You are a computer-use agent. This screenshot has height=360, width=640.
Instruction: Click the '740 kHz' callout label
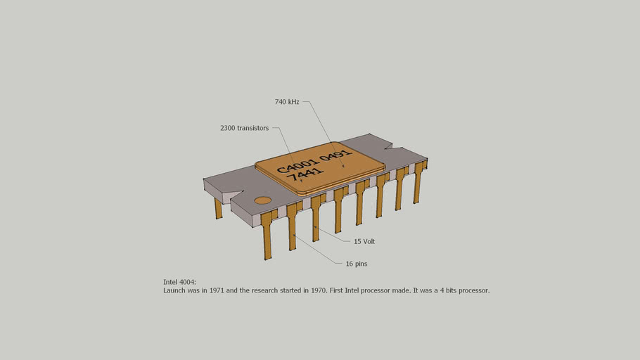[287, 102]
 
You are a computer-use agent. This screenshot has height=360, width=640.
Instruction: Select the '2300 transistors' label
[244, 128]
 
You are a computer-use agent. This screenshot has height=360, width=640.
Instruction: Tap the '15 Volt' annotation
[364, 241]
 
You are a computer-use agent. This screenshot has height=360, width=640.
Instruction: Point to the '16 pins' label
[357, 264]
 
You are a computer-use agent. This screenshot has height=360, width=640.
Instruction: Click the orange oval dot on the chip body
[262, 200]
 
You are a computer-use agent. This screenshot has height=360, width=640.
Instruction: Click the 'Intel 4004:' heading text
[180, 281]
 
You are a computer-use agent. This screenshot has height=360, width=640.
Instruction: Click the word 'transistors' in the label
[253, 128]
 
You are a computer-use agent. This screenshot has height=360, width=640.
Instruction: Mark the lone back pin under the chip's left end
[219, 208]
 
